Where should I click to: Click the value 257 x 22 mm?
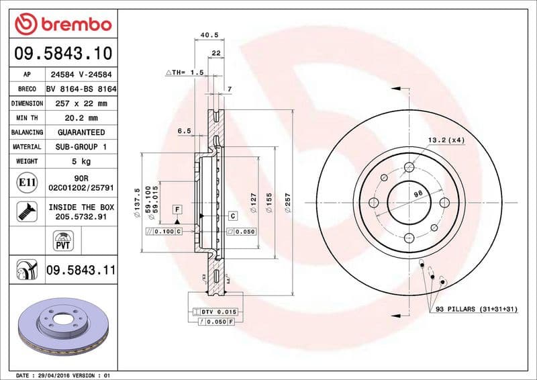[80, 103]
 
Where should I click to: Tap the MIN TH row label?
[27, 118]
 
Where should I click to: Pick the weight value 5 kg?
[80, 161]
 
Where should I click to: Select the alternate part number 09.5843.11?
[80, 271]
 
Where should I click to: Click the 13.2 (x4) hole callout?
[446, 140]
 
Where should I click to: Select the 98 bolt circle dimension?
[417, 193]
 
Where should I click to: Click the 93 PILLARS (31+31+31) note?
[477, 309]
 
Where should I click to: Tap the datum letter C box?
[233, 216]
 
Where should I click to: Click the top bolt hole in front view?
[408, 167]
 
